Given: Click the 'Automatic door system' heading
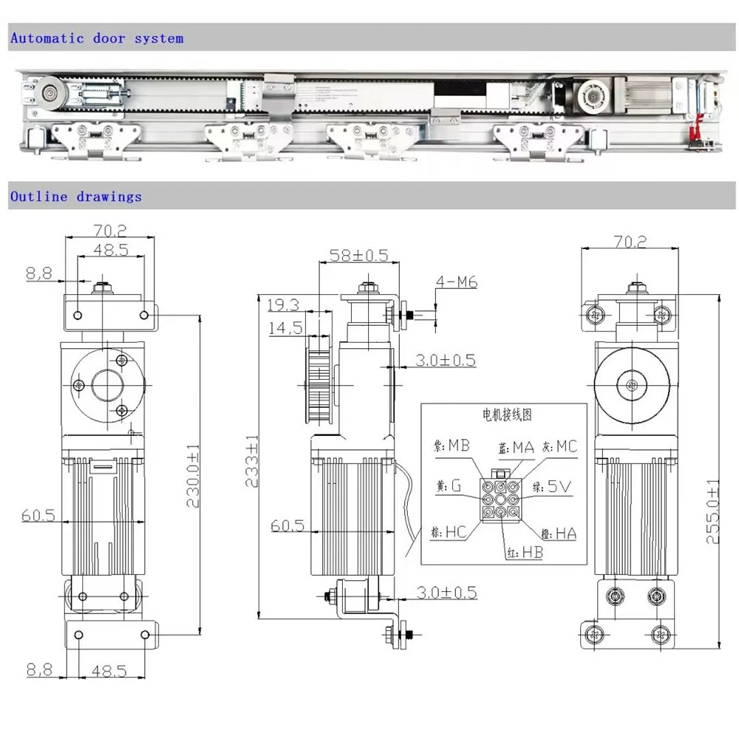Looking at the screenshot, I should tap(96, 38).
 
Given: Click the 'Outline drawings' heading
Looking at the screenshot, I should tap(75, 197).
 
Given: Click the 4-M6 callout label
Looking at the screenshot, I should tap(455, 283).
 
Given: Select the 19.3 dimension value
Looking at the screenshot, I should tap(283, 304).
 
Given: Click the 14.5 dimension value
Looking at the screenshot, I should tap(284, 328).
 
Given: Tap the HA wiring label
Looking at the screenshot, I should tap(566, 533).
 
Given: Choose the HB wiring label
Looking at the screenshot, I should tap(531, 552).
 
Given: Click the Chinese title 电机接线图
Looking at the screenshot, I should tap(503, 417).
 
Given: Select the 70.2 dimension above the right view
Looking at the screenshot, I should tap(629, 241).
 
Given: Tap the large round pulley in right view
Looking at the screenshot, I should tap(631, 384).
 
